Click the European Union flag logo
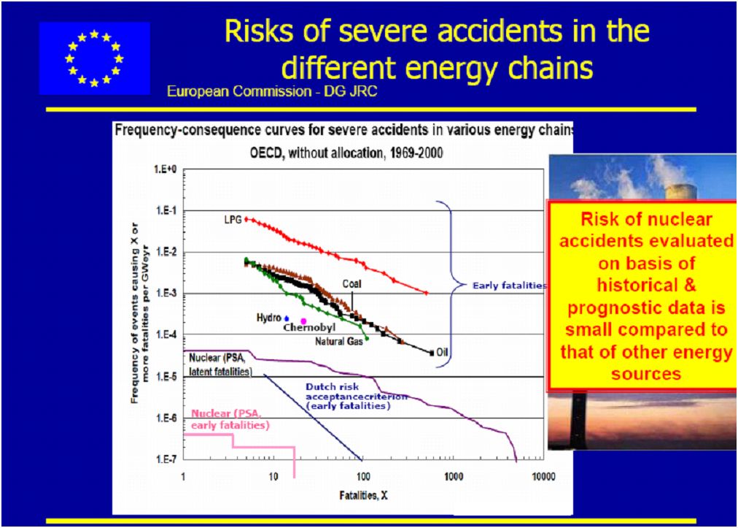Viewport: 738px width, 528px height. [95, 58]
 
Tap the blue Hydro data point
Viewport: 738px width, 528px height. [287, 318]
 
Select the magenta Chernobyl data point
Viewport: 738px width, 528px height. [303, 321]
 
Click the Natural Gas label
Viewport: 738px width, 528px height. [339, 342]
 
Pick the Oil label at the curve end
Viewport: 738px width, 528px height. [441, 352]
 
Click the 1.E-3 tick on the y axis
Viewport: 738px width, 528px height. [166, 294]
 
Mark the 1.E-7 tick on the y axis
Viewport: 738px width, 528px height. [166, 459]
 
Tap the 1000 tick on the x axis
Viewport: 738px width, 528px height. [454, 477]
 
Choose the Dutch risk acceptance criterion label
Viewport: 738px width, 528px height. [350, 395]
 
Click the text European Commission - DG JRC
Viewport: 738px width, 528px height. [273, 91]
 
